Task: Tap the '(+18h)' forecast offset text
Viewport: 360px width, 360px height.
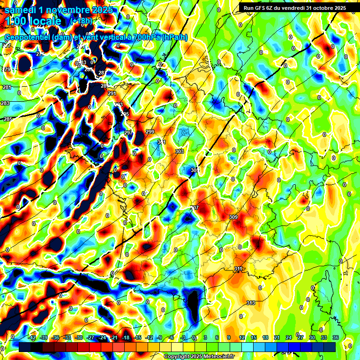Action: [81, 21]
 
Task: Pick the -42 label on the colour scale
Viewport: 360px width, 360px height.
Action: [32, 337]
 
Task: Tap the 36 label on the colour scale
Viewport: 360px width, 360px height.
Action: [336, 337]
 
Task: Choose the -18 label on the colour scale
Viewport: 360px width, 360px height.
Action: [125, 337]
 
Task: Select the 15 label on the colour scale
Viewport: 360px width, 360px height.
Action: [253, 337]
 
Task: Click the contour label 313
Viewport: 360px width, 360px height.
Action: [251, 303]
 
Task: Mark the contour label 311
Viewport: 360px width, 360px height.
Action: [238, 269]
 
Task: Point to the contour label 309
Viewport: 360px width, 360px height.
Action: [233, 217]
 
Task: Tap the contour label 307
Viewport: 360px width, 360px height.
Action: [195, 208]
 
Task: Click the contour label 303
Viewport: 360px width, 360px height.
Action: [179, 151]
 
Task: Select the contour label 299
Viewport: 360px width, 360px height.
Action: [150, 132]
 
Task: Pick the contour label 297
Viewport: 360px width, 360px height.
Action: [128, 133]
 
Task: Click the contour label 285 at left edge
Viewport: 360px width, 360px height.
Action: [8, 120]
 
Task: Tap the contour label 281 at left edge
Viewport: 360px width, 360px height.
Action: [7, 88]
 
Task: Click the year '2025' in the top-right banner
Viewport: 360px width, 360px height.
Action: [337, 7]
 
